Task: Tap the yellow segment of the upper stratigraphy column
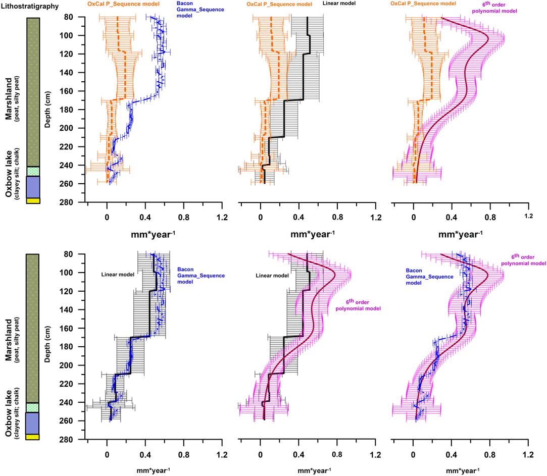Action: point(33,201)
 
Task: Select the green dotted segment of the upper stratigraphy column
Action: point(33,171)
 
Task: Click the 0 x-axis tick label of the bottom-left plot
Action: point(107,454)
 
